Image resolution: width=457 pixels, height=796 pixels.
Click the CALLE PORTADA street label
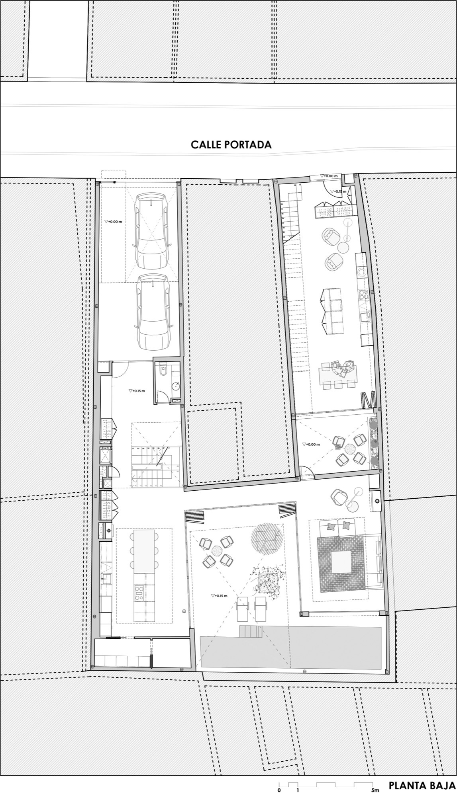pyautogui.click(x=231, y=144)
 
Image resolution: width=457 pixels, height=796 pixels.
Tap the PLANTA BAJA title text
pyautogui.click(x=422, y=786)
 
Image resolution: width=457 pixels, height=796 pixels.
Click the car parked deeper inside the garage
pyautogui.click(x=154, y=312)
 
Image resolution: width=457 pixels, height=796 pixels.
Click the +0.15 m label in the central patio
pyautogui.click(x=220, y=596)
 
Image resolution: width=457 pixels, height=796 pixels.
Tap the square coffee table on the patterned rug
pyautogui.click(x=341, y=562)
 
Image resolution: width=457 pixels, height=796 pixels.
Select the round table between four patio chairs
pyautogui.click(x=217, y=550)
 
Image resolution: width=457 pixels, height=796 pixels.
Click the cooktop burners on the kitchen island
pyautogui.click(x=138, y=592)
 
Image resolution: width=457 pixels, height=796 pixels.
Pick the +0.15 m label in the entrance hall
pyautogui.click(x=137, y=391)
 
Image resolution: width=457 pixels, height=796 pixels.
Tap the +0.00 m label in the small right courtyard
pyautogui.click(x=311, y=444)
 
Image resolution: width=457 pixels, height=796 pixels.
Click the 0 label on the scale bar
pyautogui.click(x=279, y=790)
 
